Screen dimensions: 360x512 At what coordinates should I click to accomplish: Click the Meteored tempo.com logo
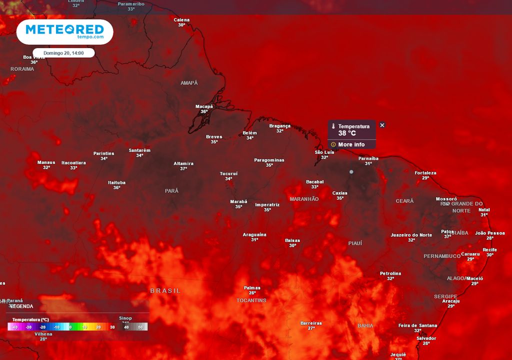click(64, 31)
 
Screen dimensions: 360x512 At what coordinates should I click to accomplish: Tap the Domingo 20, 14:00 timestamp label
click(63, 52)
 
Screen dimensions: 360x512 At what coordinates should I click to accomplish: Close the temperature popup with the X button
click(382, 125)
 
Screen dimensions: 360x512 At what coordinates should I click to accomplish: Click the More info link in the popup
click(351, 144)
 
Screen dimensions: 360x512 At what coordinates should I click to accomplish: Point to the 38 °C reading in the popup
click(347, 133)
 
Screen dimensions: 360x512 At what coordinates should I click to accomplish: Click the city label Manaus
click(46, 162)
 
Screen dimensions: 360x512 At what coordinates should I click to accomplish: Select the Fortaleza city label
click(425, 173)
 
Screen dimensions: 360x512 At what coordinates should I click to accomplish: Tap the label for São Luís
click(324, 152)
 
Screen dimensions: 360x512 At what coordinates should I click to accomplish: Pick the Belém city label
click(249, 133)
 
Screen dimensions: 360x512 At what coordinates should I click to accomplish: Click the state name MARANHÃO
click(304, 199)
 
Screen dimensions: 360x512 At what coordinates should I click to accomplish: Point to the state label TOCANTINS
click(251, 300)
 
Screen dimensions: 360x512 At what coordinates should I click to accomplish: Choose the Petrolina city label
click(390, 273)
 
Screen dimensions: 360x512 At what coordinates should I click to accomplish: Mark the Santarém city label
click(139, 150)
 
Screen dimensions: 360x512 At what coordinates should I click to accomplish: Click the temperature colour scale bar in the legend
click(77, 326)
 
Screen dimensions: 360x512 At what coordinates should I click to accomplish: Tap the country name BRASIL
click(165, 290)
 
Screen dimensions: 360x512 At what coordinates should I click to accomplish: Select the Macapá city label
click(204, 106)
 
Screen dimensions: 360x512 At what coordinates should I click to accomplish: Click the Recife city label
click(489, 250)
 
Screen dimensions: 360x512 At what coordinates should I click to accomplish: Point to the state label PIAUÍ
click(355, 243)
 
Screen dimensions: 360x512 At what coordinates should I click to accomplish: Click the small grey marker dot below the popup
click(351, 172)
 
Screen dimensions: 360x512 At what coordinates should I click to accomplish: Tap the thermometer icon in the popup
click(333, 126)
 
